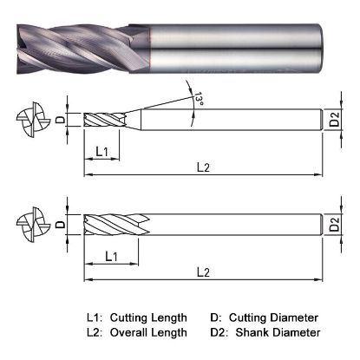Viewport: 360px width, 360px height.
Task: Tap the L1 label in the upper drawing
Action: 101,152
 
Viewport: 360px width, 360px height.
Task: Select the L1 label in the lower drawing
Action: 111,256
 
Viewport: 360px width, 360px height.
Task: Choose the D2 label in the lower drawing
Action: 334,227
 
